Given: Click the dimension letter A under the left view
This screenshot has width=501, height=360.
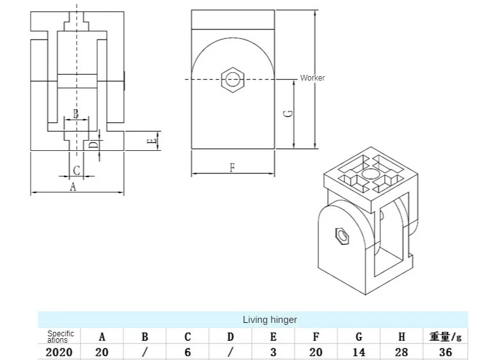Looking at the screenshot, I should pyautogui.click(x=73, y=187).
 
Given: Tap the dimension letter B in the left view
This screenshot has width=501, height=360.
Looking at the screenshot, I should pyautogui.click(x=75, y=114).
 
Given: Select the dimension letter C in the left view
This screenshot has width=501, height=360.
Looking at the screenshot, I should pyautogui.click(x=76, y=170).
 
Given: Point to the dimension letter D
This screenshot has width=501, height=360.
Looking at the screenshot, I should pyautogui.click(x=93, y=145).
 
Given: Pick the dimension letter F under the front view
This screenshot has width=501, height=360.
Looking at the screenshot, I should pyautogui.click(x=233, y=168).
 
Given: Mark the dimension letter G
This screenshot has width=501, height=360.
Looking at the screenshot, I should pyautogui.click(x=289, y=113).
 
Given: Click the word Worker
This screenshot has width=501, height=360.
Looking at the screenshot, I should pyautogui.click(x=312, y=78).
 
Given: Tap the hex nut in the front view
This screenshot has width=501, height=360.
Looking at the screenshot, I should pyautogui.click(x=233, y=80).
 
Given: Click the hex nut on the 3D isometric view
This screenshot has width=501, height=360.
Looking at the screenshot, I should pyautogui.click(x=344, y=237).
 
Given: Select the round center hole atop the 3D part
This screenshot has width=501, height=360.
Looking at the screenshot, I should pyautogui.click(x=369, y=174).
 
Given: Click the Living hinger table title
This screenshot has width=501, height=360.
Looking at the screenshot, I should pyautogui.click(x=269, y=320).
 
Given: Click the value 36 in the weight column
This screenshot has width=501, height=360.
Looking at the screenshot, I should pyautogui.click(x=445, y=352).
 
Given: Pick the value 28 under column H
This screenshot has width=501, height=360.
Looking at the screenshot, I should pyautogui.click(x=402, y=352).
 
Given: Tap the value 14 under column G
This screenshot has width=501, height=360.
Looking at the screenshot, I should pyautogui.click(x=359, y=352).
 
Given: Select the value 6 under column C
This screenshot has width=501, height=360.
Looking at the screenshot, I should pyautogui.click(x=187, y=352).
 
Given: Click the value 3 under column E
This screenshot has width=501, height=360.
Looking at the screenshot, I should pyautogui.click(x=273, y=352).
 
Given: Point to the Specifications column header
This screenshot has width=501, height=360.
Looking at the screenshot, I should pyautogui.click(x=60, y=336).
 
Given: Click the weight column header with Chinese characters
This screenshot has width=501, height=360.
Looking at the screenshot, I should pyautogui.click(x=445, y=336).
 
